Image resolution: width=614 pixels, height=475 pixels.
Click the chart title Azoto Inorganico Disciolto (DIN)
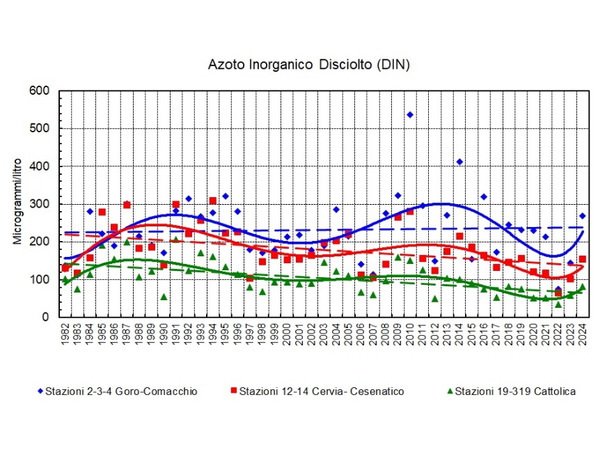309,65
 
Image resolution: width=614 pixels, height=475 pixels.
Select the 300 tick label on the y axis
40,204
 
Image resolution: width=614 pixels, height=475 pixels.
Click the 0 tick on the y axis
46,317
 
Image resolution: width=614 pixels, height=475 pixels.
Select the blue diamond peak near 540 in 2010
410,114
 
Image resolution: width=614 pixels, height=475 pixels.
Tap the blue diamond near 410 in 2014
459,162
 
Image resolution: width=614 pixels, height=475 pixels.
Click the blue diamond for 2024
582,216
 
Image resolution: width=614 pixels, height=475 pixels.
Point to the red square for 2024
582,259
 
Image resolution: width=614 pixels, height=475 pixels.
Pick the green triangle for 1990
164,297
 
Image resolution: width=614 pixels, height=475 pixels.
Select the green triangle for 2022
558,304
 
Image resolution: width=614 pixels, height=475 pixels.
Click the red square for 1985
102,212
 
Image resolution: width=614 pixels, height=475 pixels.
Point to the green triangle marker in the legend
449,391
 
